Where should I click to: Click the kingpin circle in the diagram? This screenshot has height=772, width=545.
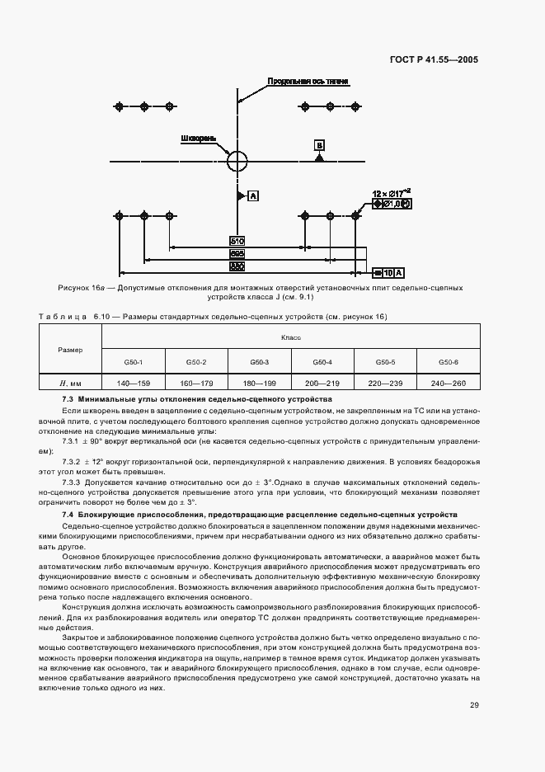pyautogui.click(x=237, y=158)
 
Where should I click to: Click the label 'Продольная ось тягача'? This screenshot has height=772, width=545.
pyautogui.click(x=308, y=82)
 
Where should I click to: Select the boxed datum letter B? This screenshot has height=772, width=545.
pyautogui.click(x=319, y=146)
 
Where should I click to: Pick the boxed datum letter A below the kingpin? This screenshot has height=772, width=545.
pyautogui.click(x=252, y=195)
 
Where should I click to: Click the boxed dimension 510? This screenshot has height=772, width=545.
pyautogui.click(x=237, y=242)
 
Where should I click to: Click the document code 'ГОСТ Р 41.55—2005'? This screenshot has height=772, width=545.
pyautogui.click(x=435, y=59)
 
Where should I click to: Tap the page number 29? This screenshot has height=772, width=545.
pyautogui.click(x=474, y=705)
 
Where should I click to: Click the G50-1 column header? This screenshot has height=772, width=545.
pyautogui.click(x=133, y=362)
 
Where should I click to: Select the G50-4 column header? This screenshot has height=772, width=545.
pyautogui.click(x=322, y=362)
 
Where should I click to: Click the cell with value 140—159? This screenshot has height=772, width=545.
pyautogui.click(x=133, y=383)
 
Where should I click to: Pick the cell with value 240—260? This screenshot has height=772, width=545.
pyautogui.click(x=449, y=383)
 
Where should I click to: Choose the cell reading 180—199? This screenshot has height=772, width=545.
pyautogui.click(x=259, y=383)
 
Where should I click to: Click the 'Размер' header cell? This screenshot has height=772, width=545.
pyautogui.click(x=70, y=350)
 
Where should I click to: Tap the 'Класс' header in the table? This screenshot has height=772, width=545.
pyautogui.click(x=290, y=337)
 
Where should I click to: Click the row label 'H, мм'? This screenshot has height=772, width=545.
pyautogui.click(x=70, y=383)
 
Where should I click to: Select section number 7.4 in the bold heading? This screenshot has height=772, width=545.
pyautogui.click(x=68, y=515)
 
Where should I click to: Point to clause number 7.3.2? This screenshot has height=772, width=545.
pyautogui.click(x=73, y=462)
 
